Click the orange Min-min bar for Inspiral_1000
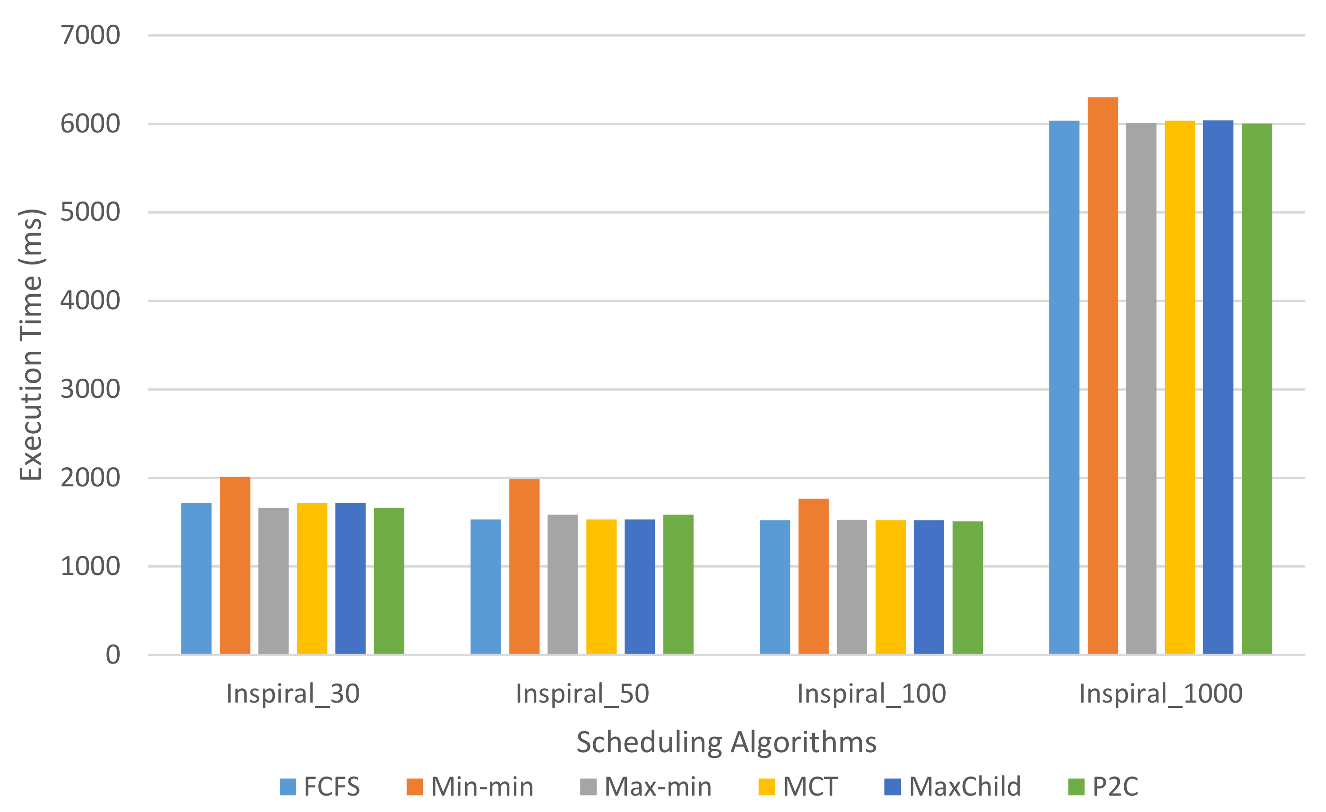pyautogui.click(x=1102, y=377)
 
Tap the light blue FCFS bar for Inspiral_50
pyautogui.click(x=485, y=586)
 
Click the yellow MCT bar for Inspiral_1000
pyautogui.click(x=1179, y=387)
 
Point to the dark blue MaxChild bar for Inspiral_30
pyautogui.click(x=350, y=579)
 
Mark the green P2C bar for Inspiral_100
pyautogui.click(x=967, y=587)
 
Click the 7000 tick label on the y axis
pyautogui.click(x=90, y=35)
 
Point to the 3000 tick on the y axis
pyautogui.click(x=90, y=389)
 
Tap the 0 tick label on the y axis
pyautogui.click(x=113, y=655)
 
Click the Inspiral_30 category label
pyautogui.click(x=293, y=694)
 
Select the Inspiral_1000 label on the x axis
pyautogui.click(x=1161, y=694)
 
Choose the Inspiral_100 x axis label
pyautogui.click(x=871, y=694)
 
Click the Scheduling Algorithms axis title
pyautogui.click(x=727, y=742)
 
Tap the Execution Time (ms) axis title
pyautogui.click(x=31, y=344)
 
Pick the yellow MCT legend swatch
pyautogui.click(x=767, y=787)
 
